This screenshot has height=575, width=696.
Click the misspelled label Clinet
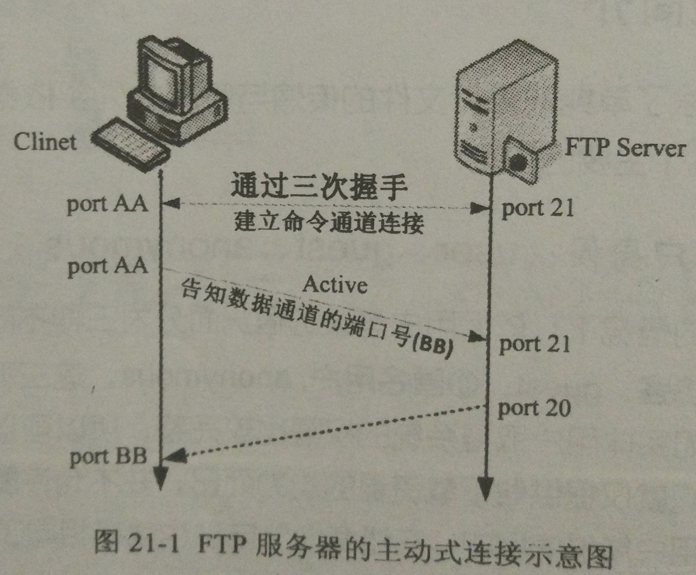point(45,142)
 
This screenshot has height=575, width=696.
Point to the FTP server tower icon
point(507,106)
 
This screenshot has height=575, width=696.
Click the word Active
point(335,285)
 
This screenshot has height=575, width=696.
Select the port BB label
point(108,457)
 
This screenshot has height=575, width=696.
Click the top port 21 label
point(537,209)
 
